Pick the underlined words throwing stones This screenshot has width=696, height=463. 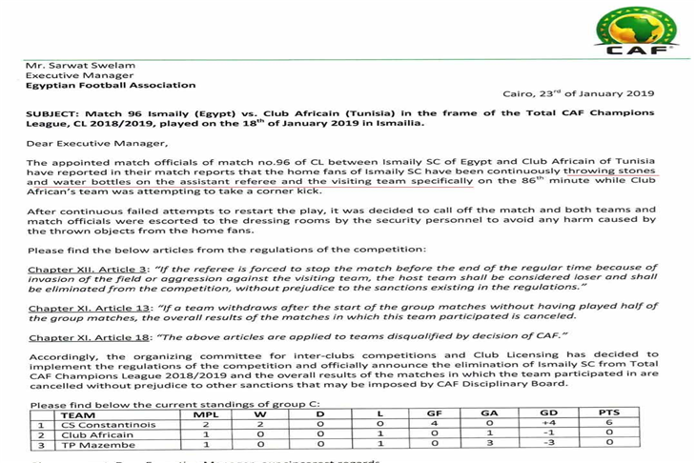point(616,171)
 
